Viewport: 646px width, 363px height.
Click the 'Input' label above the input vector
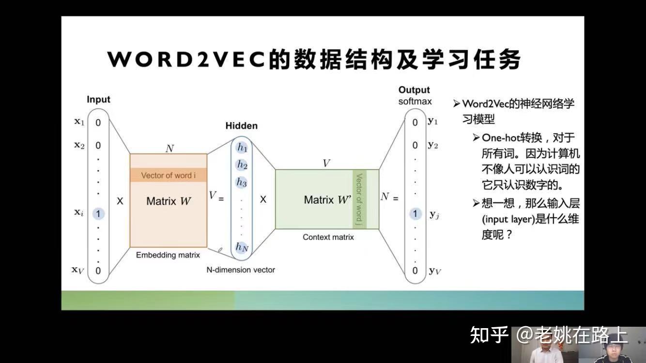coord(98,99)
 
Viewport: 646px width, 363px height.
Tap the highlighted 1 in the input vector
coord(98,213)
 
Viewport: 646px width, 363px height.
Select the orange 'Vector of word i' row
coord(168,175)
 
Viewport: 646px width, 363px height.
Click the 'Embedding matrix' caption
coord(168,255)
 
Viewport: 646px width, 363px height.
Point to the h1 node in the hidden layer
coord(242,148)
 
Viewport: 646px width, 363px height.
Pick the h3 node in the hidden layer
coord(242,182)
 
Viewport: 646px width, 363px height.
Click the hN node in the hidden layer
coord(242,247)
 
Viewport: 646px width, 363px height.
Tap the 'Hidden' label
coord(242,126)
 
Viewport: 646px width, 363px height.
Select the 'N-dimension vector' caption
coord(241,270)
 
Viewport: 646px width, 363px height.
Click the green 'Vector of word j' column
coord(359,199)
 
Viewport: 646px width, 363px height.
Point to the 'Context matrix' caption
coord(328,237)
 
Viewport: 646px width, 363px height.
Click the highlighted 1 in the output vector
coord(415,213)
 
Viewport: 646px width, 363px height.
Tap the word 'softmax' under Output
coord(415,102)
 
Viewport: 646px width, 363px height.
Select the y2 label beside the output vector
coord(433,145)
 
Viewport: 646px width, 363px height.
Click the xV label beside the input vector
coord(78,271)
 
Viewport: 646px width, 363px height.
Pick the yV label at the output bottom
coord(434,271)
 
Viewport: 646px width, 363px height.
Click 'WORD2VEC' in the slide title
coord(187,60)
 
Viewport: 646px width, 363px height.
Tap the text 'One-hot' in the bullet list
coord(498,137)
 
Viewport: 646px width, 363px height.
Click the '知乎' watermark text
coord(489,335)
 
